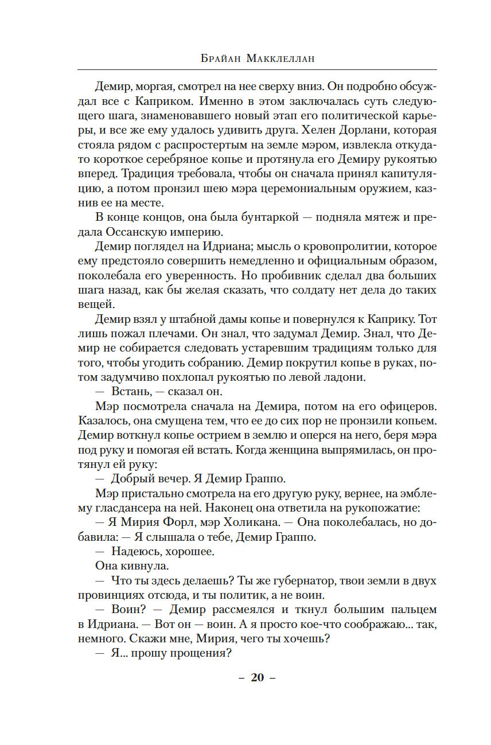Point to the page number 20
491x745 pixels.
coord(257,677)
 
